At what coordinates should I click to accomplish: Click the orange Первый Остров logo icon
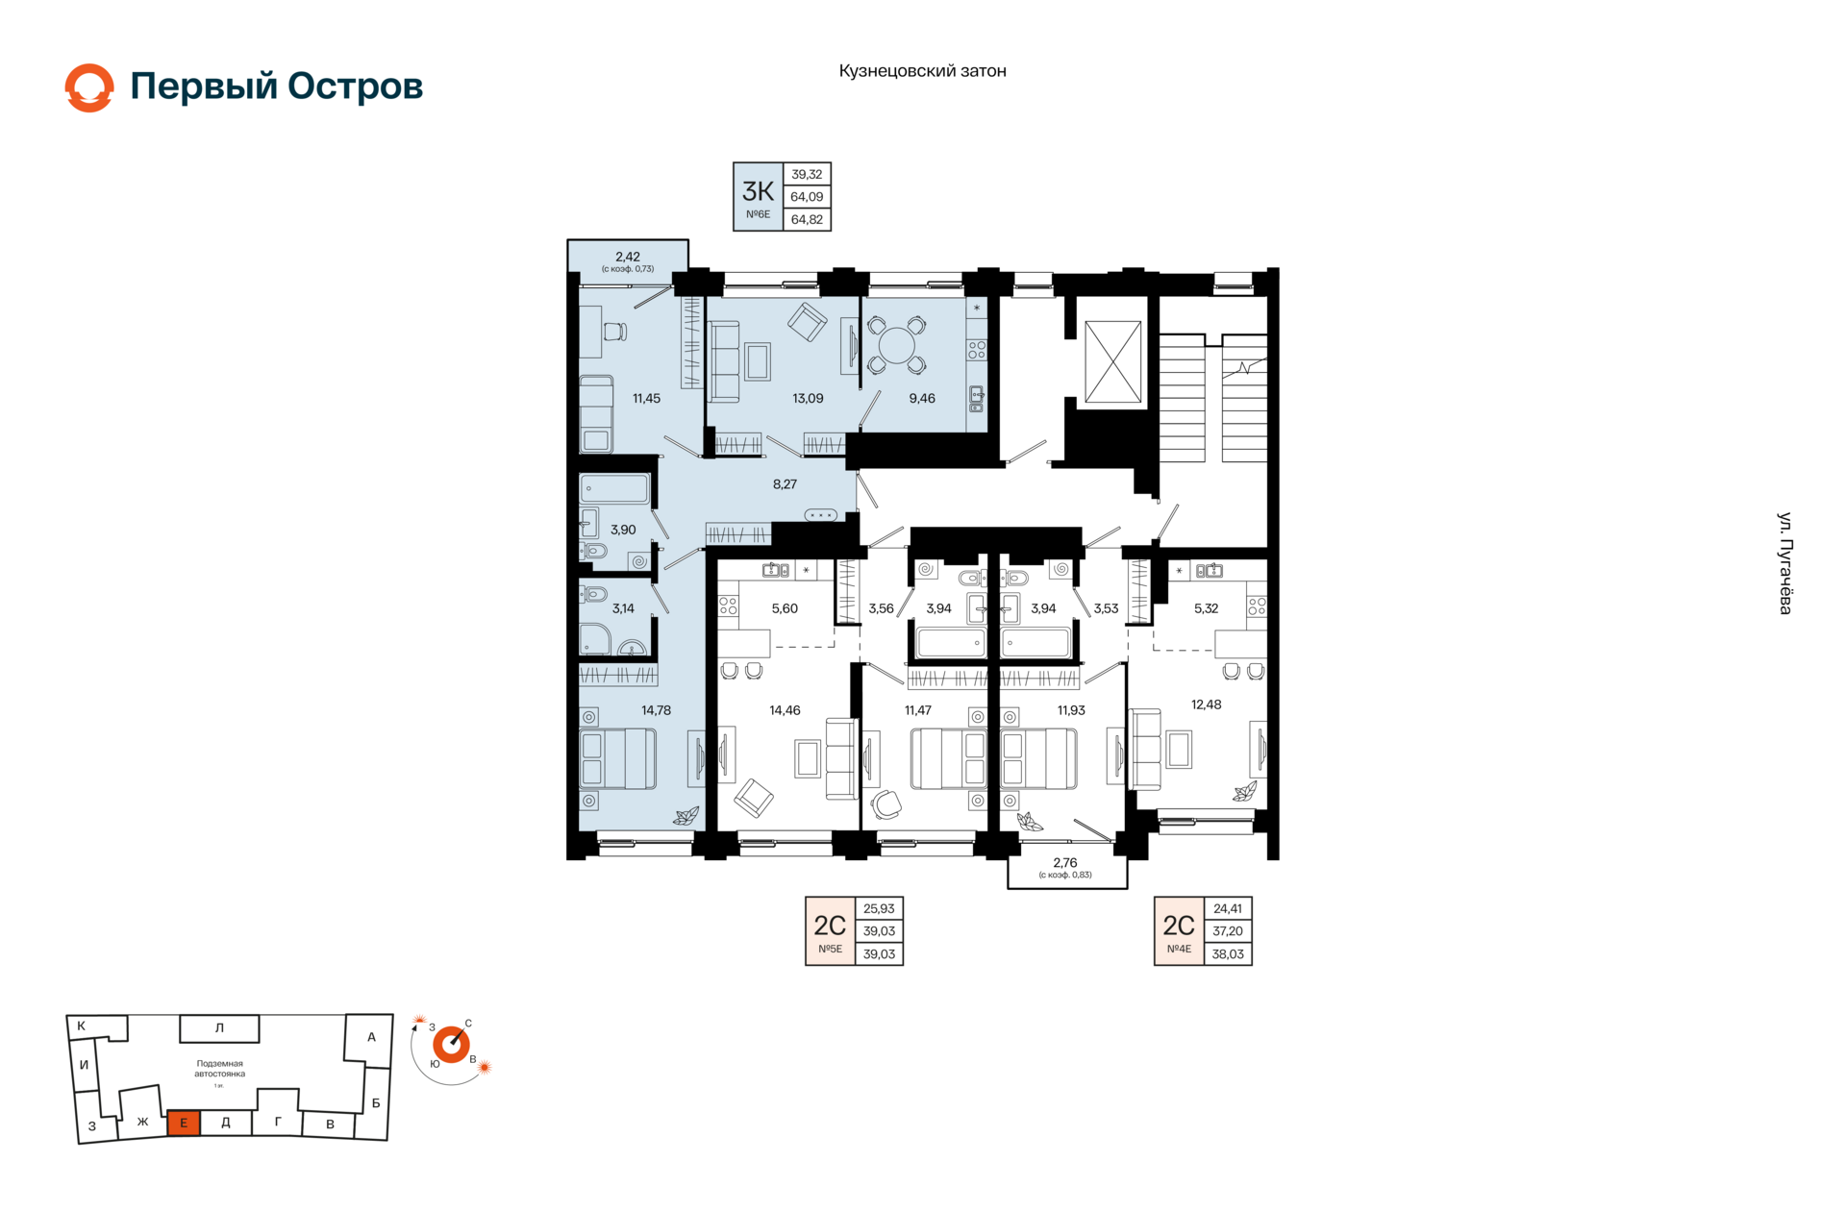(x=89, y=87)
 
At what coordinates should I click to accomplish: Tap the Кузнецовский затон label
(x=922, y=71)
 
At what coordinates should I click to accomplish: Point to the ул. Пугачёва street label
(x=1784, y=563)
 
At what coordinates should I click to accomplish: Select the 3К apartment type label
(x=758, y=191)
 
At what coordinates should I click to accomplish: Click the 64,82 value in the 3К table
(x=807, y=219)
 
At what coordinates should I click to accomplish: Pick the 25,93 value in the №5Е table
(x=879, y=908)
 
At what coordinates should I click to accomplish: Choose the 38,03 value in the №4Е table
(x=1228, y=954)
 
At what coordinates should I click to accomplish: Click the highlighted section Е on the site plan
(x=184, y=1123)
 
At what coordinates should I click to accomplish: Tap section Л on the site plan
(x=219, y=1028)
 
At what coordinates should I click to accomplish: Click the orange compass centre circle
(x=451, y=1044)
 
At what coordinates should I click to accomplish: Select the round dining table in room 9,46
(x=897, y=345)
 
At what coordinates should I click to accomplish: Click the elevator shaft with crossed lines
(x=1112, y=361)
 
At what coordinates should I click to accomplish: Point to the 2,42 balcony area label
(x=628, y=257)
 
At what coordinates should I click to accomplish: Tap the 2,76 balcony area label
(x=1065, y=863)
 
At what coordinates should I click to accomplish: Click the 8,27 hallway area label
(x=785, y=484)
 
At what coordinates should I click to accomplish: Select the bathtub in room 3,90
(x=614, y=489)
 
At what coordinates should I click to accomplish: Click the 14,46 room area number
(x=785, y=710)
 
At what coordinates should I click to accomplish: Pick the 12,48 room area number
(x=1206, y=704)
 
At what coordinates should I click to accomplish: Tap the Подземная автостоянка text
(x=220, y=1069)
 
